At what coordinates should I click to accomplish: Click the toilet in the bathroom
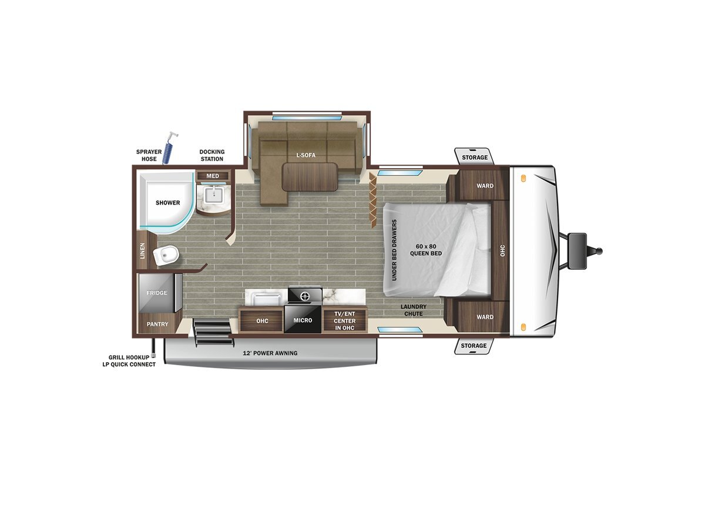166,256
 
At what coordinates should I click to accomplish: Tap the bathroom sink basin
214,195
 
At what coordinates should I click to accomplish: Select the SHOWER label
167,203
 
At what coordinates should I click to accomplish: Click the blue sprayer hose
169,150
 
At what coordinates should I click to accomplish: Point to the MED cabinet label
213,176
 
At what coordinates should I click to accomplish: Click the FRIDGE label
157,293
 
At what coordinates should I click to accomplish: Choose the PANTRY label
157,324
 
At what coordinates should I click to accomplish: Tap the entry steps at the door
213,332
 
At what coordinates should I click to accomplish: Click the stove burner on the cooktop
304,296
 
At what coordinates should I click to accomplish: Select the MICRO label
303,320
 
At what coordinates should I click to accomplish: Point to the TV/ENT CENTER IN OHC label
345,320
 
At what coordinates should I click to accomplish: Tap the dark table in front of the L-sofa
310,177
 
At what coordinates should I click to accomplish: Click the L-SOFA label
305,155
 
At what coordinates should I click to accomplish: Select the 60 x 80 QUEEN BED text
426,250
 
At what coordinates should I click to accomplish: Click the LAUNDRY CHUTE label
414,310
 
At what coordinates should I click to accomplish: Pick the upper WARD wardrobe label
485,186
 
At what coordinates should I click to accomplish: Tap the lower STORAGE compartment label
474,346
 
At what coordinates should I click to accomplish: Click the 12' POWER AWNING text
270,353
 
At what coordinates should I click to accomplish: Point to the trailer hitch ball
599,251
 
